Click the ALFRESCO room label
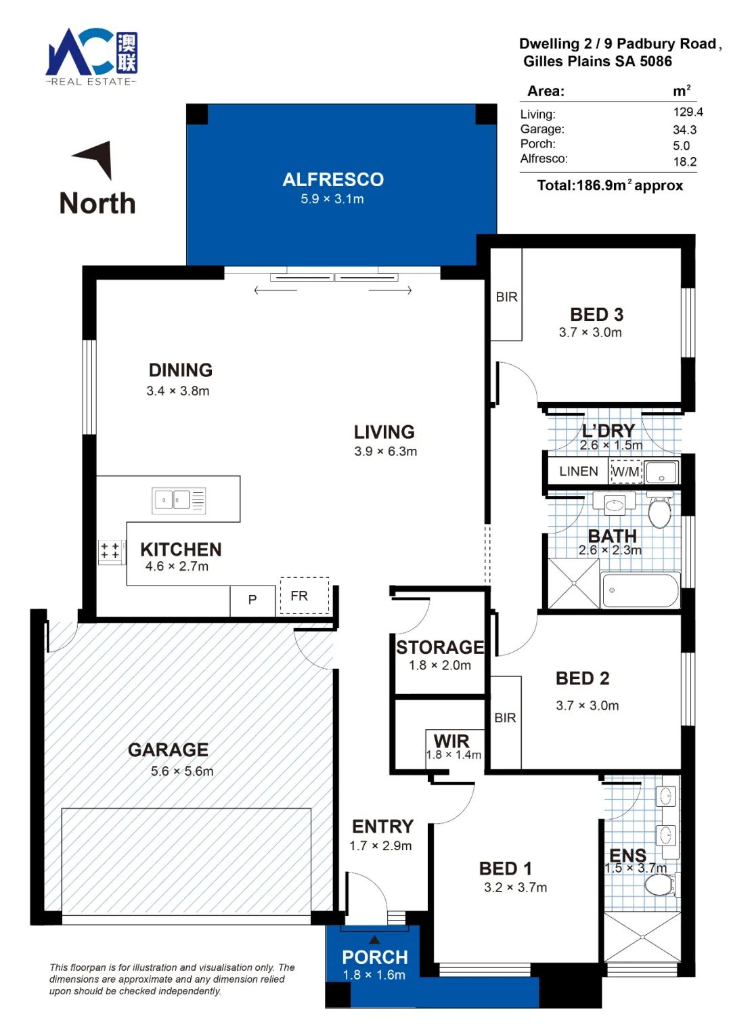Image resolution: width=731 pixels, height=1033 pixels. point(333,180)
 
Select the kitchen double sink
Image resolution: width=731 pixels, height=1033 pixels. point(179,500)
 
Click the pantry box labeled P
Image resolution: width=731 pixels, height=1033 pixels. point(252,600)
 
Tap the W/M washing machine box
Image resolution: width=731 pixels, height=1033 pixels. point(626,471)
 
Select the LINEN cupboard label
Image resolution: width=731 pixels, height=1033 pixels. point(578,471)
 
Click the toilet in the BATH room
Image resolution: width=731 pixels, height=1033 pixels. point(661,512)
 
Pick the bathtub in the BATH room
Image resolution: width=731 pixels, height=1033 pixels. point(640,591)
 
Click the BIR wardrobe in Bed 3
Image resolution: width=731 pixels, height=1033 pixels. point(506,294)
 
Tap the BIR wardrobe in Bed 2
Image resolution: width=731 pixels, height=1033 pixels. point(506,722)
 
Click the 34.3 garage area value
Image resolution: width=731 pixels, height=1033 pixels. point(685,130)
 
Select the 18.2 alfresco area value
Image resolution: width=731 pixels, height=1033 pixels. point(685,161)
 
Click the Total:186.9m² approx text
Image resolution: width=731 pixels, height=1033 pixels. point(610,185)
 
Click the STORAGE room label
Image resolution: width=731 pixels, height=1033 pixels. point(440,647)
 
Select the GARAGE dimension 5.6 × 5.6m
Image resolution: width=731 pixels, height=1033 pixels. point(182,771)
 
